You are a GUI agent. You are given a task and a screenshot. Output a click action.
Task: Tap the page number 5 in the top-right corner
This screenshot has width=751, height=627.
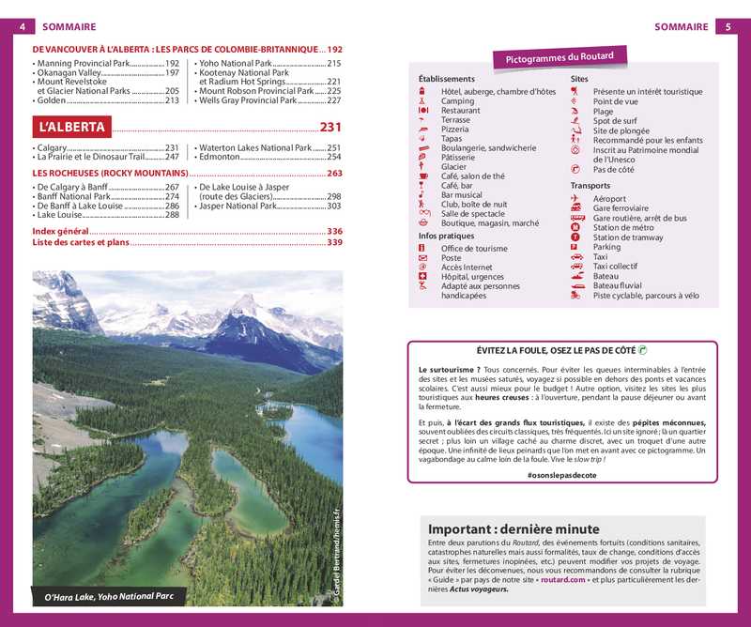tap(728, 26)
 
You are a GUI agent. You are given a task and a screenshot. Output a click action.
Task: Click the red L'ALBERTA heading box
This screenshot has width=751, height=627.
tap(71, 128)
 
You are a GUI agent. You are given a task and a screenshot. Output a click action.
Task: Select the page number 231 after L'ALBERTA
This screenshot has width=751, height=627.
tap(330, 128)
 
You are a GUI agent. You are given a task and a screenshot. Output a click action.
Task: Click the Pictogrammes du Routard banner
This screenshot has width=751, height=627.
tap(559, 58)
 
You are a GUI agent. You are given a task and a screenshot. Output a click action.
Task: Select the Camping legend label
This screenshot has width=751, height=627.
tap(458, 101)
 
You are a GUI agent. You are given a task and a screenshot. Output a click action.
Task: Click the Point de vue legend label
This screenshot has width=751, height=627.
tap(616, 101)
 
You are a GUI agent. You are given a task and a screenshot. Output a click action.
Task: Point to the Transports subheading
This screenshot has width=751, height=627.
tap(590, 186)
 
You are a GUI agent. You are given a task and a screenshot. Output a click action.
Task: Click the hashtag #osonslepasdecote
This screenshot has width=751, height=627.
tap(562, 476)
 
